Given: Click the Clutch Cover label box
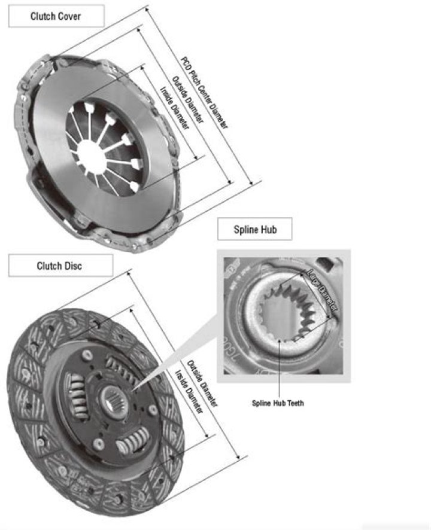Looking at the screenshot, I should point(56,16).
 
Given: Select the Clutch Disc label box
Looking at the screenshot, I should point(60,266).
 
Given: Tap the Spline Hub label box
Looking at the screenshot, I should point(254,229).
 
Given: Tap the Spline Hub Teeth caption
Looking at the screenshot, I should point(278,403).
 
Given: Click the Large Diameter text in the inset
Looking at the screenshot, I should point(321,289).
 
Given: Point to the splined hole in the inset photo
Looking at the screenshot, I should point(281,314).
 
